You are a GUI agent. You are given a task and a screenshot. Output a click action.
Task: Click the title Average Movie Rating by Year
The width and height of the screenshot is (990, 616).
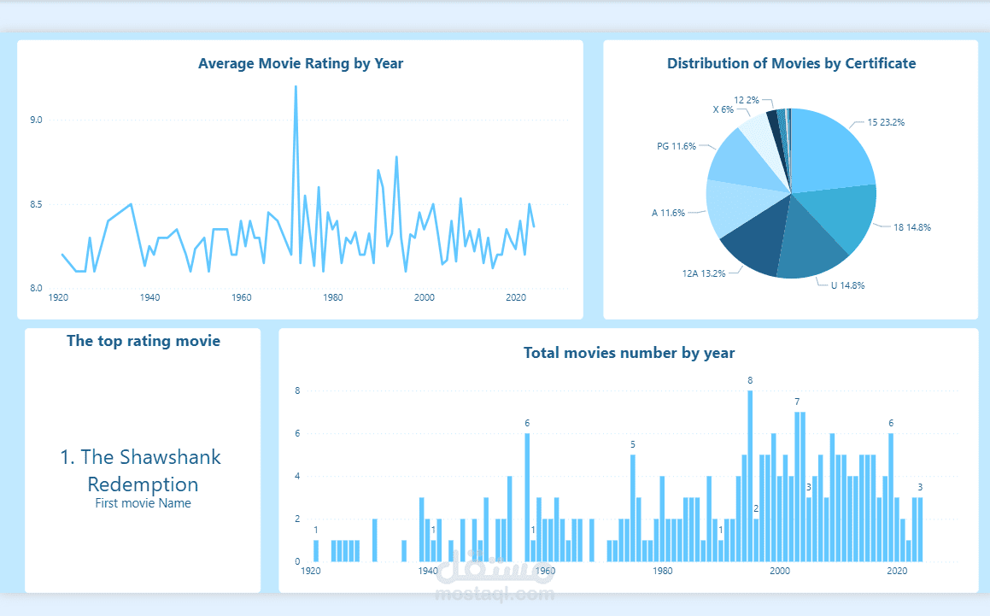point(301,63)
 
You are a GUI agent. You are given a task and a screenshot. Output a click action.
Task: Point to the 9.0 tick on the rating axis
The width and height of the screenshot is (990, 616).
point(36,120)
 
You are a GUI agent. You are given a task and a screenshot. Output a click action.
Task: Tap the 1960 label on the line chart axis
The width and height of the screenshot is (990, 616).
point(242,297)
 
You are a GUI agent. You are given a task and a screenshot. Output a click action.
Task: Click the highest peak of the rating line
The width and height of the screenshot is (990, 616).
point(296,87)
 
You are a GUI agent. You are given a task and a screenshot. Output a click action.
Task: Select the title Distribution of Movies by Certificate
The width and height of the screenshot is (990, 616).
point(791,63)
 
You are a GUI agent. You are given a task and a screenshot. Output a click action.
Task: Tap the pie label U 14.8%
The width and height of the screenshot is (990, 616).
point(847,285)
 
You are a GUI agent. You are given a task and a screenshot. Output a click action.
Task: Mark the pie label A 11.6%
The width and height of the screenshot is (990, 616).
point(668,213)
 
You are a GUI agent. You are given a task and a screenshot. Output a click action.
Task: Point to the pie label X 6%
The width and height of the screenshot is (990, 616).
point(723,109)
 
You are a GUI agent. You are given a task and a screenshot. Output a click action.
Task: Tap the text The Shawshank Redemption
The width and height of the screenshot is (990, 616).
point(141,470)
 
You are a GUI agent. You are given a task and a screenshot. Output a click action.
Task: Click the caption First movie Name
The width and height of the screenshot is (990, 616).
point(143,503)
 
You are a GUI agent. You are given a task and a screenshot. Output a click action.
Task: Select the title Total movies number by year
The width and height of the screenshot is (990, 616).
point(629,353)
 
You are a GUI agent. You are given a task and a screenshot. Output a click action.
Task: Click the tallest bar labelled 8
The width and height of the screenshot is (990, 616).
point(750,475)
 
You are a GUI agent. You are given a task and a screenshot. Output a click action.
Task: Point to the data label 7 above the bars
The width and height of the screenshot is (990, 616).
point(797,402)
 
